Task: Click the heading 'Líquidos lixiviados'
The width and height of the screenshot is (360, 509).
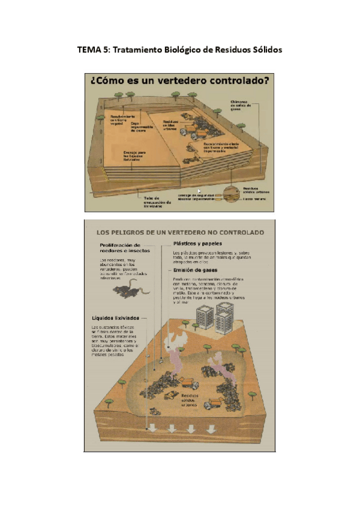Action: coord(116,317)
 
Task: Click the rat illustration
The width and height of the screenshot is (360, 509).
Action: coord(127,291)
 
